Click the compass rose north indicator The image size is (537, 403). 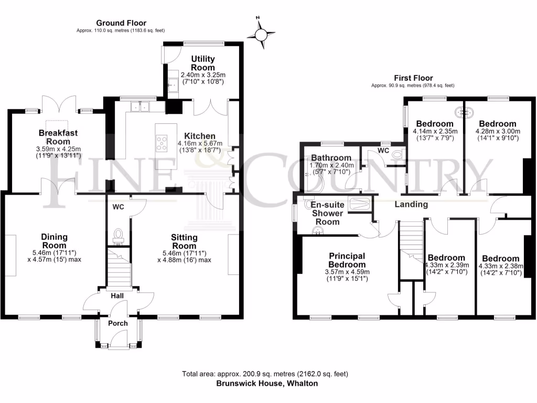tap(261, 34)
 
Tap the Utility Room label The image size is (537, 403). tap(203, 63)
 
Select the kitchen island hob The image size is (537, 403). tap(162, 143)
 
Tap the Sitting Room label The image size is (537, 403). tap(184, 242)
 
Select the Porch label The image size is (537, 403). tap(117, 323)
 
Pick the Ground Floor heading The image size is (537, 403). tap(121, 23)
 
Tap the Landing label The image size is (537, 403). tap(411, 204)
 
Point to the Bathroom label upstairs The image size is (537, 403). tap(330, 157)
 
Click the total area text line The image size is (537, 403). tap(265, 374)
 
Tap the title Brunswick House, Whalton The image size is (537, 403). tap(267, 384)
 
